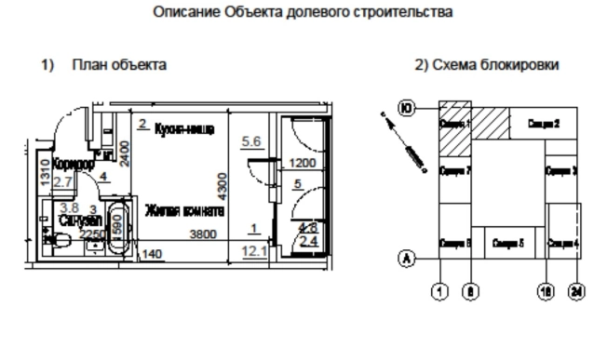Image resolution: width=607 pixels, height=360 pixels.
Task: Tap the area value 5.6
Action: coord(252,141)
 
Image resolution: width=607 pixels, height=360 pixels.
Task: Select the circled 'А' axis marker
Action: coord(406,258)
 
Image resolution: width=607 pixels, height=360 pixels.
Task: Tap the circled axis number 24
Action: coord(577,292)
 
